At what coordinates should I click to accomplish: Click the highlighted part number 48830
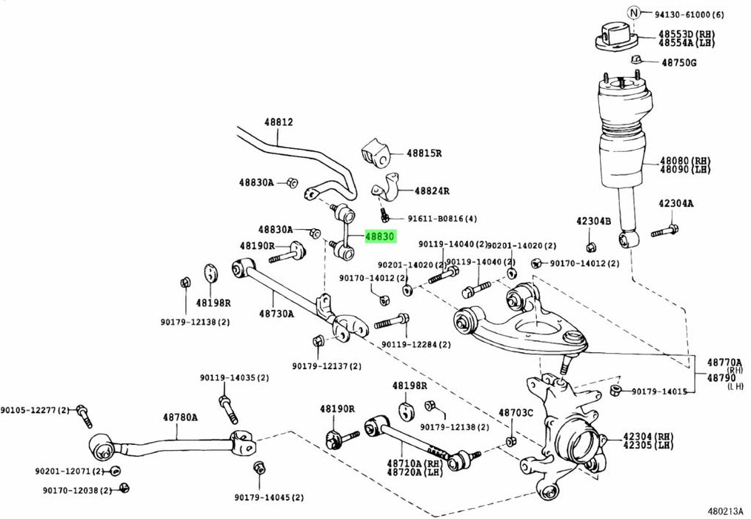pyautogui.click(x=380, y=237)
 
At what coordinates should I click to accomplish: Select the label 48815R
pyautogui.click(x=423, y=153)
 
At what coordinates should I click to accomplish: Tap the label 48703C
pyautogui.click(x=515, y=412)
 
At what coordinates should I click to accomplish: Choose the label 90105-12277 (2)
pyautogui.click(x=34, y=410)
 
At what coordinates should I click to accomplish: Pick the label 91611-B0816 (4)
pyautogui.click(x=441, y=219)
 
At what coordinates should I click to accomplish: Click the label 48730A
pyautogui.click(x=276, y=314)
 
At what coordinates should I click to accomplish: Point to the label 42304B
pyautogui.click(x=593, y=221)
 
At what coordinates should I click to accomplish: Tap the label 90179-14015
pyautogui.click(x=658, y=391)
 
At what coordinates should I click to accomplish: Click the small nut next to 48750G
pyautogui.click(x=636, y=59)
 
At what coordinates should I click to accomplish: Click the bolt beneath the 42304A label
pyautogui.click(x=664, y=231)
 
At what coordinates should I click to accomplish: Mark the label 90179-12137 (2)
pyautogui.click(x=327, y=366)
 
